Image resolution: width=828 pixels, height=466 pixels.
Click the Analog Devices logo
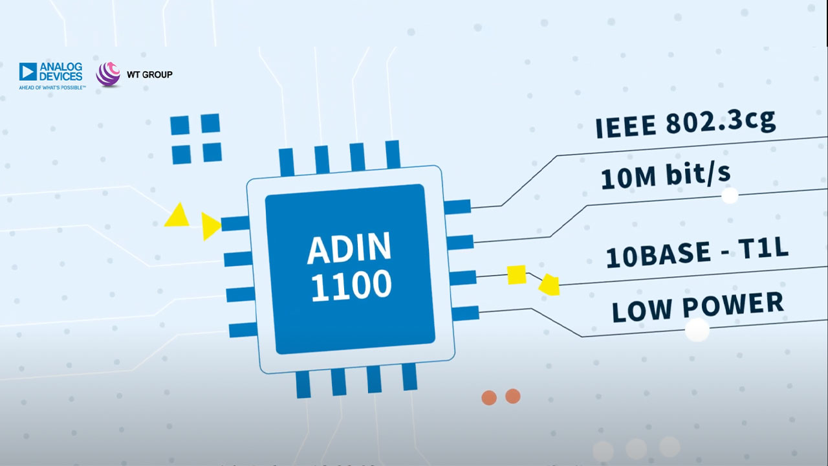(x=51, y=72)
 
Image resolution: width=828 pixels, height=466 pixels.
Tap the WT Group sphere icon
(x=108, y=74)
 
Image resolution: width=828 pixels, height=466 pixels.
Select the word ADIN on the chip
(x=349, y=249)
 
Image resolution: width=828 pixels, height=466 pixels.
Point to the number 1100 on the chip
(x=351, y=285)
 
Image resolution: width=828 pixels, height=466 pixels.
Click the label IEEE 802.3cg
(x=685, y=124)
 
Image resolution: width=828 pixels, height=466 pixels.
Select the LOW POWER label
(x=697, y=307)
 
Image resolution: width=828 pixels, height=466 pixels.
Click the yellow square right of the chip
(x=516, y=274)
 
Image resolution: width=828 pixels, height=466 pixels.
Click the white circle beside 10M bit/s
(x=730, y=195)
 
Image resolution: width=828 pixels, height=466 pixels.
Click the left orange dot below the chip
(x=489, y=397)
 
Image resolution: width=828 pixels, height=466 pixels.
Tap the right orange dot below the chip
(x=513, y=395)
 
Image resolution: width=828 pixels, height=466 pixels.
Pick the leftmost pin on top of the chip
(x=287, y=162)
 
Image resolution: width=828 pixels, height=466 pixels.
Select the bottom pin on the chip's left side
(x=243, y=330)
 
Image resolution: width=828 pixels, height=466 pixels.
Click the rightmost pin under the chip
(x=409, y=377)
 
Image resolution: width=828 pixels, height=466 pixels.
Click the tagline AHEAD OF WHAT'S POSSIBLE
(x=52, y=86)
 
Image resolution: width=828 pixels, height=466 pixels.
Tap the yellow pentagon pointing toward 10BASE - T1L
(x=549, y=284)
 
